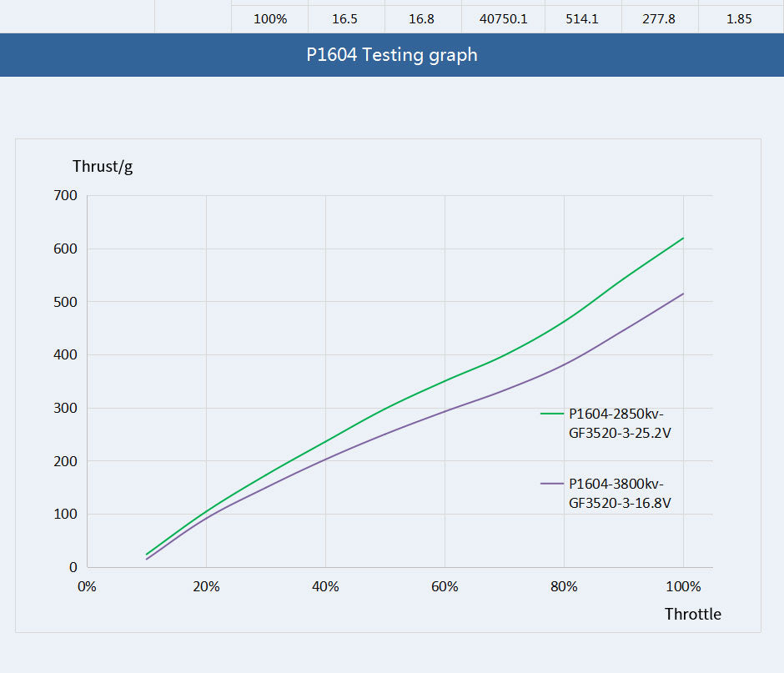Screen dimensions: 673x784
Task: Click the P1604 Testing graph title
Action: click(x=392, y=55)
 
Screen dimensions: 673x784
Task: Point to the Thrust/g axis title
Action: click(x=103, y=166)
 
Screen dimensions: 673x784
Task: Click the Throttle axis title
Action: click(x=692, y=615)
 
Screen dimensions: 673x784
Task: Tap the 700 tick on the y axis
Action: click(x=65, y=196)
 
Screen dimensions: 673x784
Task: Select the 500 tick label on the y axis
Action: click(x=65, y=302)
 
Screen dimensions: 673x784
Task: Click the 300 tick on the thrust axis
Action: click(x=65, y=409)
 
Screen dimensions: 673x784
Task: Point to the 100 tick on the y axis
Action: click(x=65, y=515)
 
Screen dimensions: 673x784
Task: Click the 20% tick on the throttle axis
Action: click(x=206, y=586)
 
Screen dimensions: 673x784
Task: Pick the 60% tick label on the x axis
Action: click(x=445, y=586)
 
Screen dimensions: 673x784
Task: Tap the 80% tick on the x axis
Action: click(x=564, y=586)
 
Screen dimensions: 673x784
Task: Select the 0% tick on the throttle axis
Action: click(x=87, y=586)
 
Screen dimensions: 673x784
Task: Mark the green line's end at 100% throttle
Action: click(x=683, y=238)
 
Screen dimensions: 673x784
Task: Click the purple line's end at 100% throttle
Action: click(x=683, y=294)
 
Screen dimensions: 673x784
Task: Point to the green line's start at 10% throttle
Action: click(x=147, y=555)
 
